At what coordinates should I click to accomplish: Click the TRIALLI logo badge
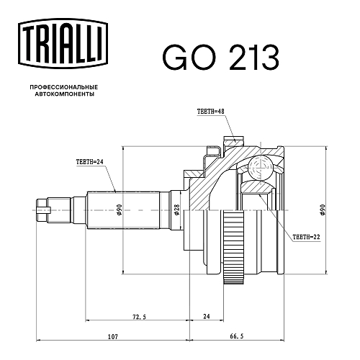tap(63, 44)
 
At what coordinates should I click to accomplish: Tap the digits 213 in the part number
tap(254, 58)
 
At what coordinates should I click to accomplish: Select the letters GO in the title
tap(189, 58)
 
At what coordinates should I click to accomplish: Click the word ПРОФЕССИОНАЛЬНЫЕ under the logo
tap(64, 87)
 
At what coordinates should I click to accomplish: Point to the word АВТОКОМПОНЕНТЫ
tap(64, 94)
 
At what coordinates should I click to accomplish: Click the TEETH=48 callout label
tap(210, 112)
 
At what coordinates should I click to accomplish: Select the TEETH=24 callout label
tap(89, 162)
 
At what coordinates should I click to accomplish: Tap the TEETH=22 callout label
tap(306, 237)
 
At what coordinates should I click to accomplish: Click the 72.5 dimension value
tap(139, 317)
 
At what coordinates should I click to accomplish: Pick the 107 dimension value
tap(113, 336)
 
